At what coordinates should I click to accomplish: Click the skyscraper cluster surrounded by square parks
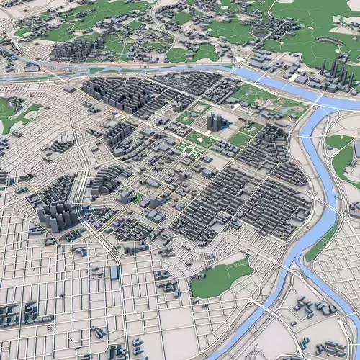click(x=215, y=121)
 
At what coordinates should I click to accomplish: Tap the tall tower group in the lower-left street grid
click(x=58, y=215)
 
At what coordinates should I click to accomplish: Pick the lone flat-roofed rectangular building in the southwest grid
click(x=114, y=271)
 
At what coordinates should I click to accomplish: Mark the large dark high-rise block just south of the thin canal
click(x=119, y=95)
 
